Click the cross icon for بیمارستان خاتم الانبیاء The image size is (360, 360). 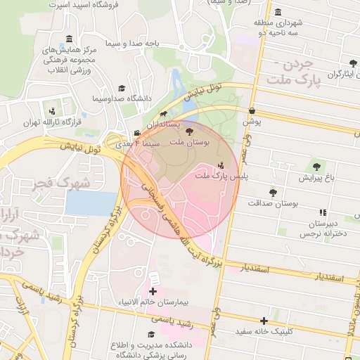coord(153,291)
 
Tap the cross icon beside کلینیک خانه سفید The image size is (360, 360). coord(264,320)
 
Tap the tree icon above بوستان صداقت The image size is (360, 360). coord(273,192)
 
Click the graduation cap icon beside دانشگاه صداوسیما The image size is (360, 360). coord(121,89)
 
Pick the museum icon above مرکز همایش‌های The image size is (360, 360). coord(68,39)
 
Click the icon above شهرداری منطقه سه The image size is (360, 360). coord(278,12)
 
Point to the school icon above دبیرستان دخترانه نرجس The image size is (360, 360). coord(323,212)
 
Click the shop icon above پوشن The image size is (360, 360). coord(252,111)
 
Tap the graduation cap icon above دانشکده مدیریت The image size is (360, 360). coord(150,335)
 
